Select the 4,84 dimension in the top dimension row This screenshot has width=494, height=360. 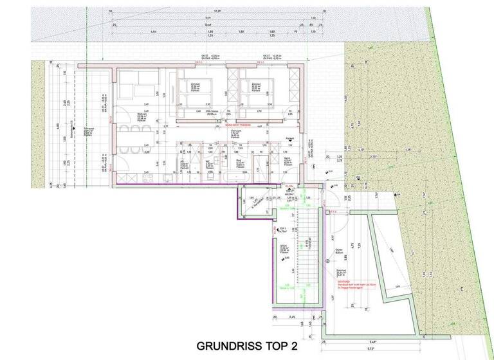pos(154,31)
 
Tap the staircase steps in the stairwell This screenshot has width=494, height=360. pos(306,251)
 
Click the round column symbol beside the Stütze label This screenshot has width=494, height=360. pos(327,260)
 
